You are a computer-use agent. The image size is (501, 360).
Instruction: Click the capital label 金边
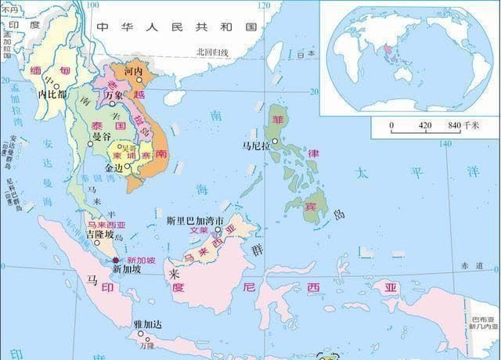tap(115, 167)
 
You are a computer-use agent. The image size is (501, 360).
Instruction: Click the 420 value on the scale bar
tap(424, 125)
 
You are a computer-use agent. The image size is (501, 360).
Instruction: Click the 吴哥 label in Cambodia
tap(125, 147)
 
